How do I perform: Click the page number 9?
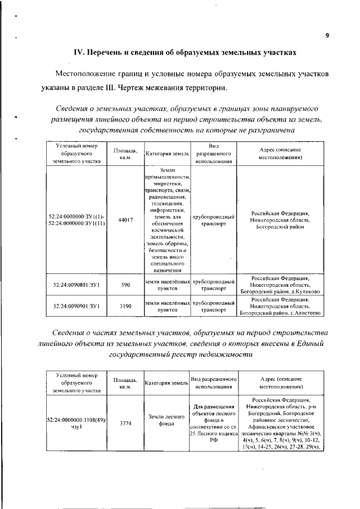tap(327, 35)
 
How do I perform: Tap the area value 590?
tap(125, 285)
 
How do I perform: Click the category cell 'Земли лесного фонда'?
tap(167, 420)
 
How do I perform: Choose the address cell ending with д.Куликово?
tap(280, 285)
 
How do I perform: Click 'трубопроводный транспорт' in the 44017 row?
tap(213, 219)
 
